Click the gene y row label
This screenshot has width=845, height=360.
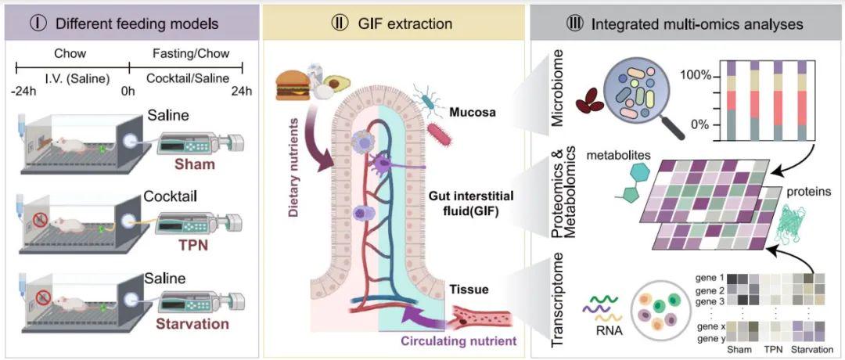(x=709, y=337)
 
